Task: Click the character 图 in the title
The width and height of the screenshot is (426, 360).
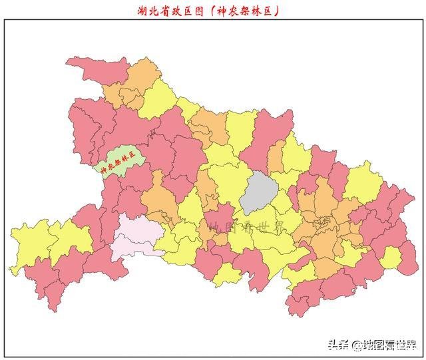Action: click(x=195, y=10)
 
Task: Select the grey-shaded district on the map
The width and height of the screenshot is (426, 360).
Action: click(x=258, y=191)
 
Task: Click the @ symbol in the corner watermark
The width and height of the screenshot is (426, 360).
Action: click(x=357, y=345)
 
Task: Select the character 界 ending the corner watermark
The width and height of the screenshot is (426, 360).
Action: click(x=409, y=345)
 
